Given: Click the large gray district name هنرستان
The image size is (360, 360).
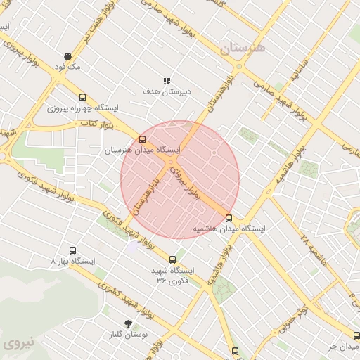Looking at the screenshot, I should point(243,48).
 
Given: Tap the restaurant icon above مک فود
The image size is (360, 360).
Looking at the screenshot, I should point(67,56).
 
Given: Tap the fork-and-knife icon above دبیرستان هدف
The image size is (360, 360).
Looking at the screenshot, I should point(167,81).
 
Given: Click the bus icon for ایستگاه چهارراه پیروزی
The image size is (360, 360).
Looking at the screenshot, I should point(83,98).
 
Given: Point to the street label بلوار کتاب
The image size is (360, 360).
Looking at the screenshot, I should point(97,124).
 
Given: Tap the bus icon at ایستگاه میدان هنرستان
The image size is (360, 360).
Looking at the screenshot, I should point(143,139).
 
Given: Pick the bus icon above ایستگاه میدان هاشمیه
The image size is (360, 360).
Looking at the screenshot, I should point(229,218).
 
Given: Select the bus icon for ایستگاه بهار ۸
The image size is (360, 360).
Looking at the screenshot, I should point(72,250).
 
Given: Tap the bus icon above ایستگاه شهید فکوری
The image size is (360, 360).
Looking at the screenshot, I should point(173,259).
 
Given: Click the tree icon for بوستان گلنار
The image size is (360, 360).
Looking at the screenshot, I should point(128,323).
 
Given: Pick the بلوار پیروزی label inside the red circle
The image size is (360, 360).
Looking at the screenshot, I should point(186,181).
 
